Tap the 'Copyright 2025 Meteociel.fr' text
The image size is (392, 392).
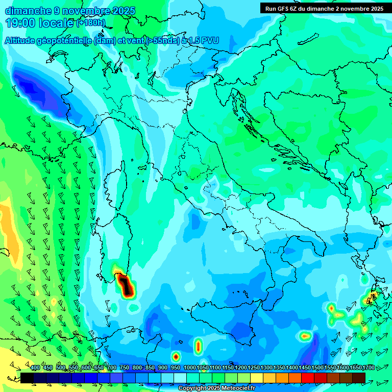[216, 388]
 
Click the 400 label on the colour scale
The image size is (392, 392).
[35, 368]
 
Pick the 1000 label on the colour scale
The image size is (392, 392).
[189, 368]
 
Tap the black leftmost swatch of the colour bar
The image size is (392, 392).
[27, 378]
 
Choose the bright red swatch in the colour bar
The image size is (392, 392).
[308, 378]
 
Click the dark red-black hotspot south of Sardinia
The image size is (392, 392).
[126, 287]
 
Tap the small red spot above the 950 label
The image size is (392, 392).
[176, 356]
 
